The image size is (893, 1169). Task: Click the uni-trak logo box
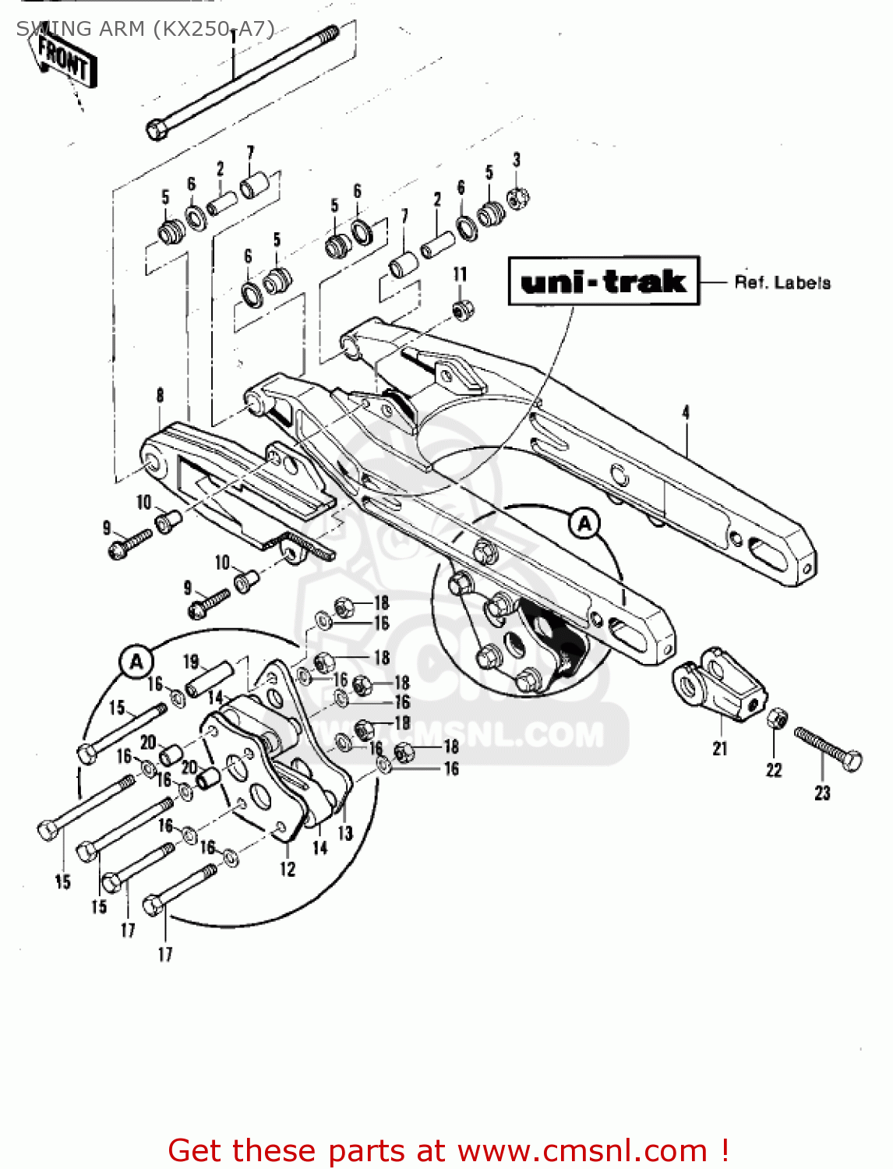[x=603, y=281]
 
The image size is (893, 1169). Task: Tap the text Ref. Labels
[x=782, y=283]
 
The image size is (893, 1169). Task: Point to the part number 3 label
[x=517, y=160]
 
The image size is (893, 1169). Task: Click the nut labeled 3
[x=517, y=198]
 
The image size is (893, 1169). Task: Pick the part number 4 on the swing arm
[x=686, y=412]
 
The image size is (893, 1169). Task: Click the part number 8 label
[x=160, y=395]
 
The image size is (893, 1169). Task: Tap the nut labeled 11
[x=461, y=309]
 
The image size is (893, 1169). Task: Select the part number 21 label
[x=720, y=749]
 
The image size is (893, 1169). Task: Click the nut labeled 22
[x=777, y=719]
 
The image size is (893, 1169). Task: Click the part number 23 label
[x=823, y=793]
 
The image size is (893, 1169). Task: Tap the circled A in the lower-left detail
[x=136, y=662]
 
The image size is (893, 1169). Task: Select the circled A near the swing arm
[x=584, y=524]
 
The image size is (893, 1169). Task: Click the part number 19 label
[x=191, y=662]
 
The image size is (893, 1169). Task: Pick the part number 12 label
[x=288, y=869]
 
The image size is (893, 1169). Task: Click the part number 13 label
[x=345, y=834]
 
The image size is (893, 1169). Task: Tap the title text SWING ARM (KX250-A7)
[x=145, y=29]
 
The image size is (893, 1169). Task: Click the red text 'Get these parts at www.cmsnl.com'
[x=448, y=1150]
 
